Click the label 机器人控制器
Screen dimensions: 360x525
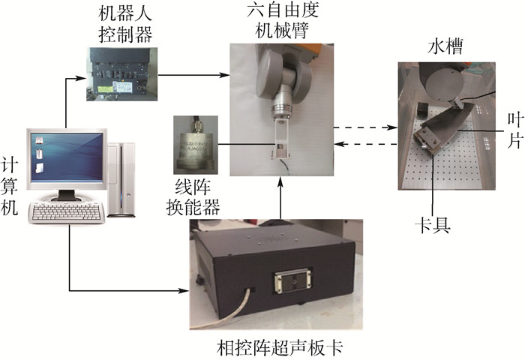(123, 25)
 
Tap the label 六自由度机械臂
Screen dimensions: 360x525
(279, 24)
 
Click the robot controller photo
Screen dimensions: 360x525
(123, 74)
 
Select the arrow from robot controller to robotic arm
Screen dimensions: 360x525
(191, 74)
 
